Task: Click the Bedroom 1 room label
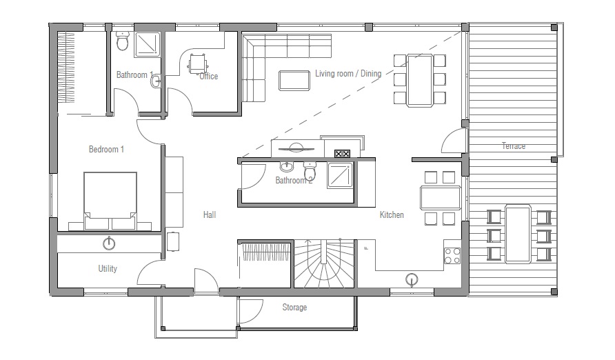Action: (x=106, y=149)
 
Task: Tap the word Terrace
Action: (x=513, y=146)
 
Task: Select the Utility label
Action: (x=108, y=269)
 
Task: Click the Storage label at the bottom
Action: (x=294, y=308)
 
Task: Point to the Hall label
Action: (x=210, y=215)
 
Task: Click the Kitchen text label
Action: (x=392, y=215)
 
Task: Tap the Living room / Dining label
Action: (x=348, y=74)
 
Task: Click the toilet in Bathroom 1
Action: (x=123, y=43)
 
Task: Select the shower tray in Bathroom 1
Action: (x=146, y=45)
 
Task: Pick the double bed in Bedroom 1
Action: (x=110, y=200)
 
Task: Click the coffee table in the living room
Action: (x=294, y=80)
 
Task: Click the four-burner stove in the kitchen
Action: (x=452, y=255)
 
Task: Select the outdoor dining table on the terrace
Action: (x=518, y=233)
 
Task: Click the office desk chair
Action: (x=198, y=63)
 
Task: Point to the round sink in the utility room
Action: (x=108, y=243)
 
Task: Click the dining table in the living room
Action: (x=419, y=79)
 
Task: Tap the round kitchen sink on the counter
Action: (x=412, y=279)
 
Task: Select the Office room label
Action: (x=208, y=77)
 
